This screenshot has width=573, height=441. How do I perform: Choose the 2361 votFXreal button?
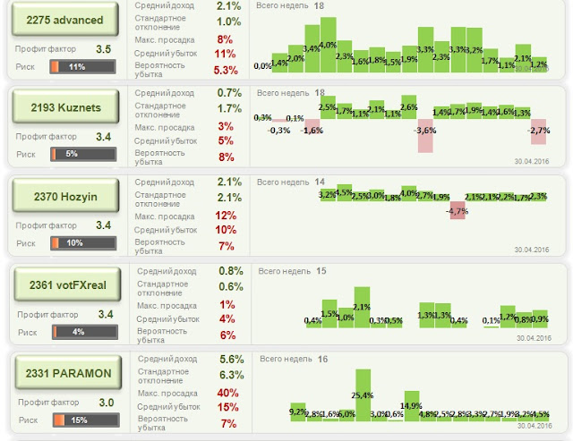[x=64, y=285]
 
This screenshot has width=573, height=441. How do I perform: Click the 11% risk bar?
[x=80, y=67]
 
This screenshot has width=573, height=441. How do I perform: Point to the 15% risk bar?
[x=81, y=420]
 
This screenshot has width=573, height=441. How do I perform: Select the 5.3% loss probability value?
[x=226, y=70]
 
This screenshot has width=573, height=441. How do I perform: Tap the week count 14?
[x=320, y=181]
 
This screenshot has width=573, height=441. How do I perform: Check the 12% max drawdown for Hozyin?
[x=225, y=215]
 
